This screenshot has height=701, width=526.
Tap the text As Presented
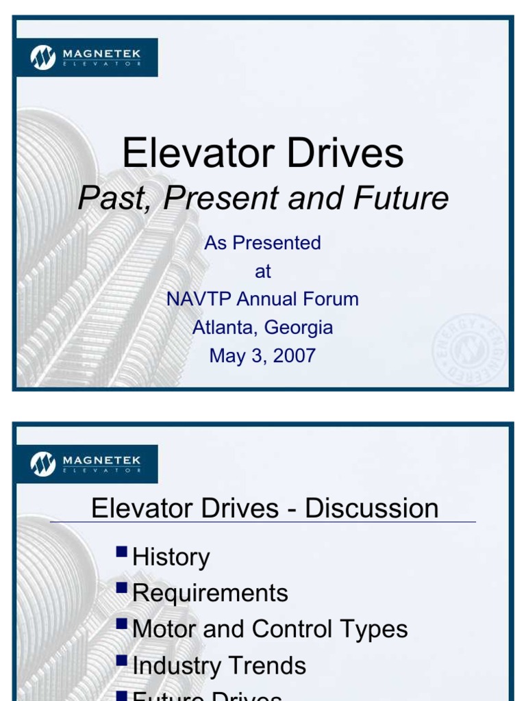(x=262, y=243)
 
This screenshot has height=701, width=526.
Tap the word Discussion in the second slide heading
(x=371, y=509)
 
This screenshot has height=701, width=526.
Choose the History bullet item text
(x=171, y=557)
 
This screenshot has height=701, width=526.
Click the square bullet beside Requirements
(x=122, y=587)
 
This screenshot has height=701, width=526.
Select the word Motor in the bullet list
(x=164, y=629)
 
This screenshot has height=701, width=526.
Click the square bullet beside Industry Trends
(x=122, y=659)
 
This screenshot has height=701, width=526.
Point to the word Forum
(x=331, y=299)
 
